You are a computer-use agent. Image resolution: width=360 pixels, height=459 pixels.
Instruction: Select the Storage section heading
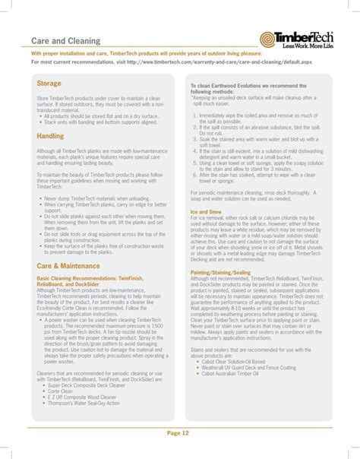49,83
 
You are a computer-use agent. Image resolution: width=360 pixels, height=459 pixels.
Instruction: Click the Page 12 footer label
180,433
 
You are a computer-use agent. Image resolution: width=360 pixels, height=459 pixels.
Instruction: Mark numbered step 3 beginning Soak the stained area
256,140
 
